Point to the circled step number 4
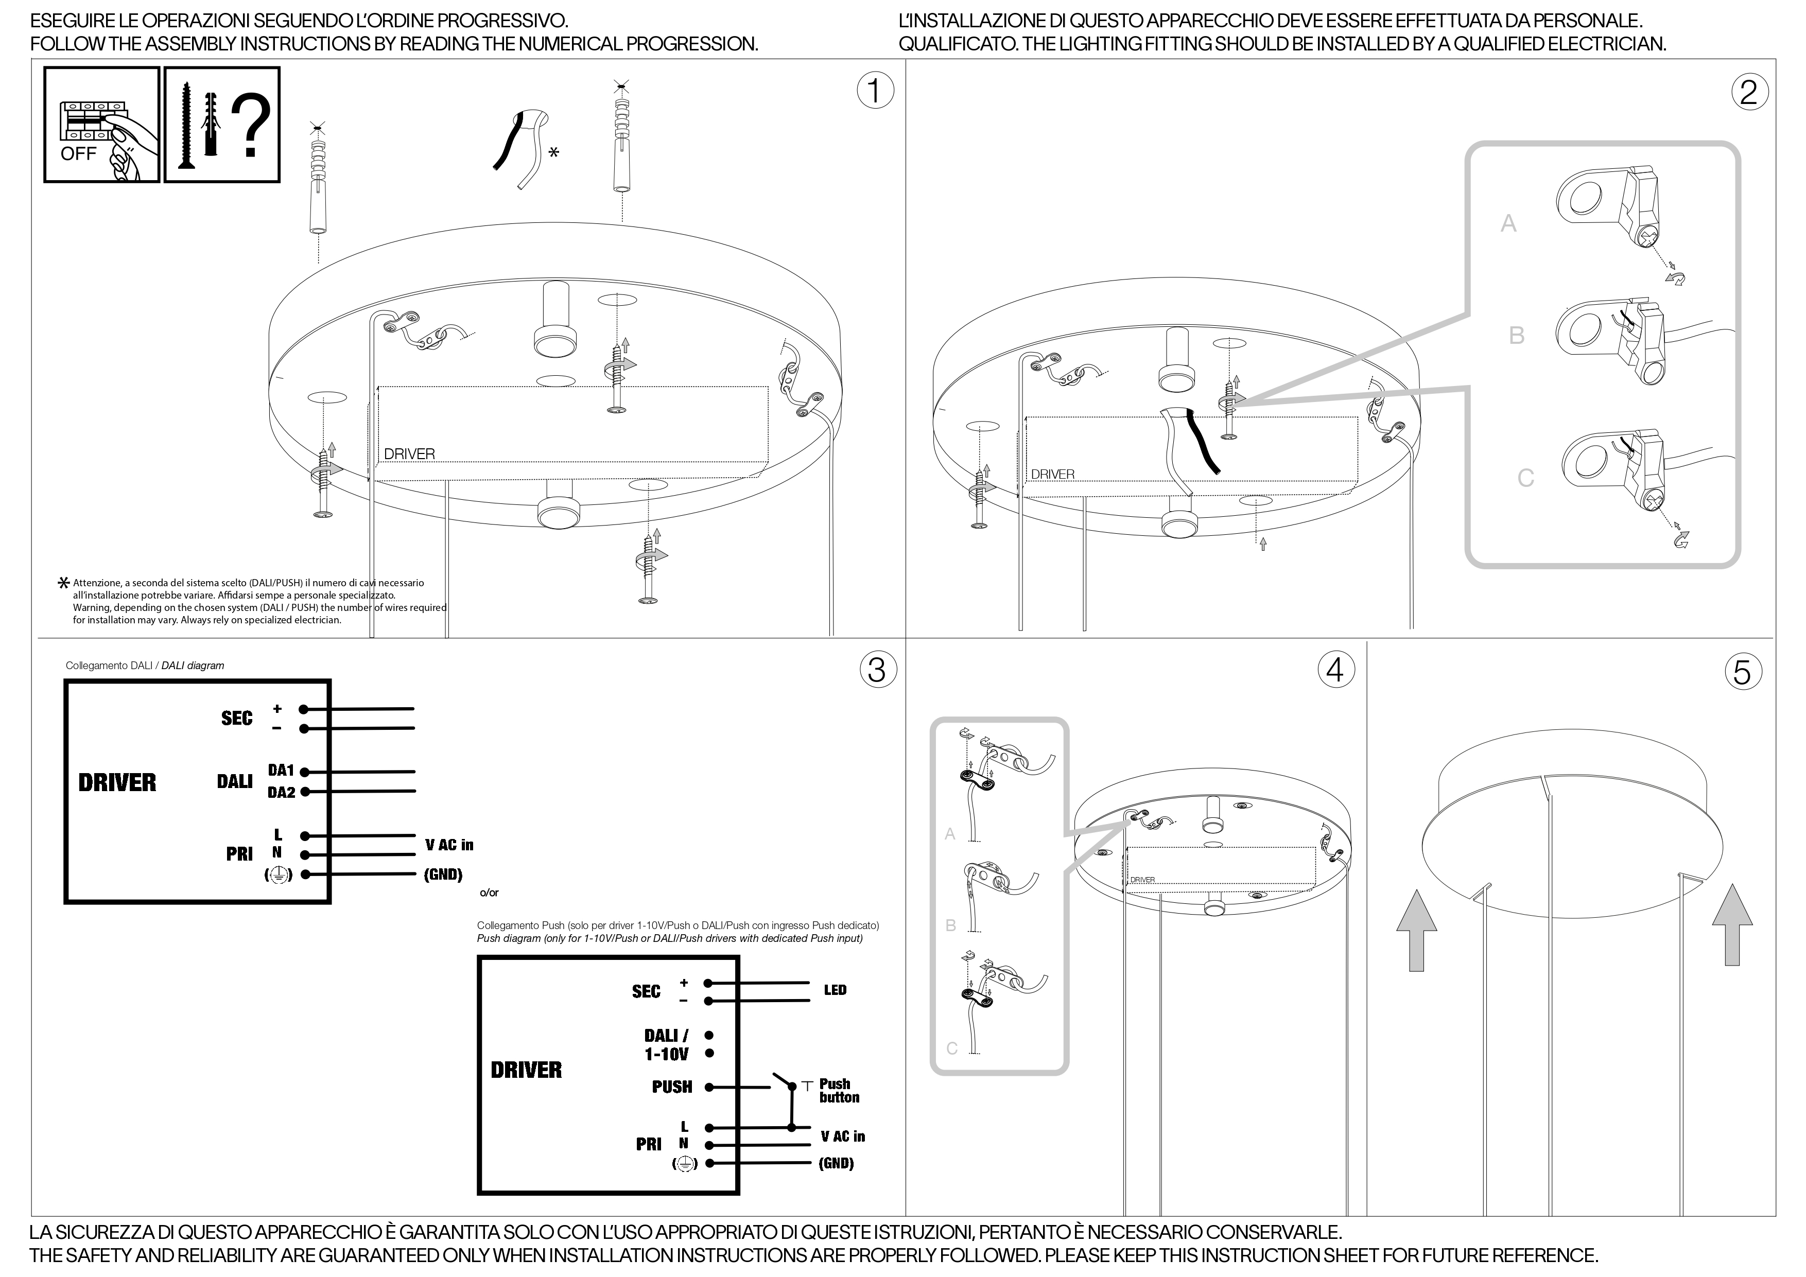pyautogui.click(x=1335, y=670)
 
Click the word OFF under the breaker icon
pyautogui.click(x=79, y=153)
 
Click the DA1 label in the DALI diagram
pyautogui.click(x=281, y=771)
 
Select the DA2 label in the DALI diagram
pyautogui.click(x=281, y=793)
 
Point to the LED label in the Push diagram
pyautogui.click(x=836, y=990)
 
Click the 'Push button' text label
pyautogui.click(x=839, y=1091)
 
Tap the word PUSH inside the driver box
pyautogui.click(x=672, y=1087)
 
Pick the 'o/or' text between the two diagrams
pyautogui.click(x=489, y=893)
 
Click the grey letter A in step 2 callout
pyautogui.click(x=1508, y=224)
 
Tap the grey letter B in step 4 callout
pyautogui.click(x=951, y=925)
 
